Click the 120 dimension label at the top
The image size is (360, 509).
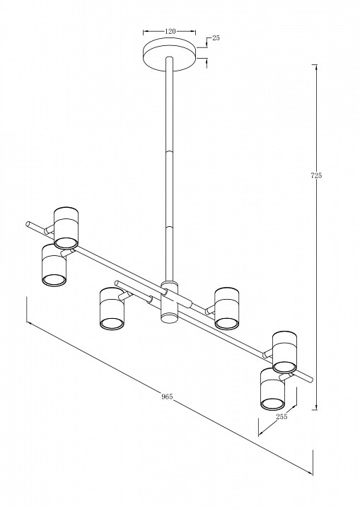[170, 32]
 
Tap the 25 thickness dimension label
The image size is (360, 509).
[216, 37]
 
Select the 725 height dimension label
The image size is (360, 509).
[316, 175]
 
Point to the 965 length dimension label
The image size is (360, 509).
[167, 397]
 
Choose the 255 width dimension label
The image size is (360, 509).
[281, 416]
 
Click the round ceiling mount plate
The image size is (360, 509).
[170, 54]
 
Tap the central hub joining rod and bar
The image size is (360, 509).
[170, 303]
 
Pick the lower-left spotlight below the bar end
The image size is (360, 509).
[54, 266]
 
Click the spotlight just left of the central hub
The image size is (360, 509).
[112, 309]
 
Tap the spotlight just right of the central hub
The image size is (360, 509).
[227, 308]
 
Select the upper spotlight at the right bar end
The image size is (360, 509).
[284, 352]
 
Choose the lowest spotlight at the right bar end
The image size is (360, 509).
[272, 389]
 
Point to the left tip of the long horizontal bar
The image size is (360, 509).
[28, 223]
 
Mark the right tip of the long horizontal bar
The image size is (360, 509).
[311, 379]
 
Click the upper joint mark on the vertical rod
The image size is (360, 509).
[170, 151]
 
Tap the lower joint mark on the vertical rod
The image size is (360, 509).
[170, 226]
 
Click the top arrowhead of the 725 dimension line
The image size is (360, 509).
[315, 67]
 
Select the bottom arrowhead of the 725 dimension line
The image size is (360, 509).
[315, 407]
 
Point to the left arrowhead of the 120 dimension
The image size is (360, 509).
[146, 32]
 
